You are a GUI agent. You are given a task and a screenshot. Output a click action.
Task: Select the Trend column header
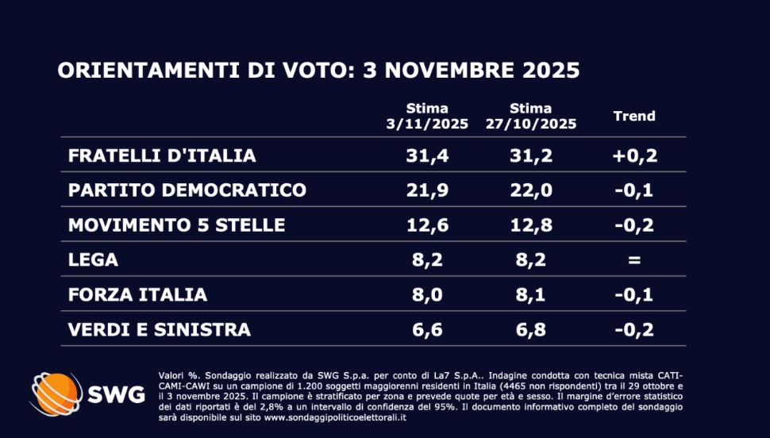pos(634,116)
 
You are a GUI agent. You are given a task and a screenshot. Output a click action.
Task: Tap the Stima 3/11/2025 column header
pos(427,117)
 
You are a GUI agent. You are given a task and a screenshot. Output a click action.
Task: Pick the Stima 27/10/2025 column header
pos(531,117)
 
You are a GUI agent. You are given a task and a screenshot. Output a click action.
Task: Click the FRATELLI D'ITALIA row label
pos(162,156)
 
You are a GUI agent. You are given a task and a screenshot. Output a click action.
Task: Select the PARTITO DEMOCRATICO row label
pos(187,190)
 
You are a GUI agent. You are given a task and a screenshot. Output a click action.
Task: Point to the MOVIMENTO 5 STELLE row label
pos(176,225)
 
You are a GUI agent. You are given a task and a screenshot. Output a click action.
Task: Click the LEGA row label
pos(93,260)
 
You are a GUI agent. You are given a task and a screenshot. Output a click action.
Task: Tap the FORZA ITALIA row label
pos(137,294)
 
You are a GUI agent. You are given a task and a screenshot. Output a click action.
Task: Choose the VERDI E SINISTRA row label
pos(159,329)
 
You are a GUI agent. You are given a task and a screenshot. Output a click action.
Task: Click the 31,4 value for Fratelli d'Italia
pos(427,156)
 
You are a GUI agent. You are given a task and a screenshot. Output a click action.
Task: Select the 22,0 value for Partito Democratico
pos(531,190)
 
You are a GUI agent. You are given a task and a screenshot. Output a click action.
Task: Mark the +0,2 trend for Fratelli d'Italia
pos(634,156)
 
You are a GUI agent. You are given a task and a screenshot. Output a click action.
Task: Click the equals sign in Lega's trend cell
pos(634,260)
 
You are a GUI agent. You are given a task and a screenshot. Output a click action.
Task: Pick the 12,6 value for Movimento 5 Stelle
pos(427,225)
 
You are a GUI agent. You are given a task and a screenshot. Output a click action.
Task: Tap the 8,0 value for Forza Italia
pos(427,294)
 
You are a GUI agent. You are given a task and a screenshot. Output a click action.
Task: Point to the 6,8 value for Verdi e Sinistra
pos(531,329)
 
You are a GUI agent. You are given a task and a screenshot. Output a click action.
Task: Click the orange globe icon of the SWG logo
pos(56,393)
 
